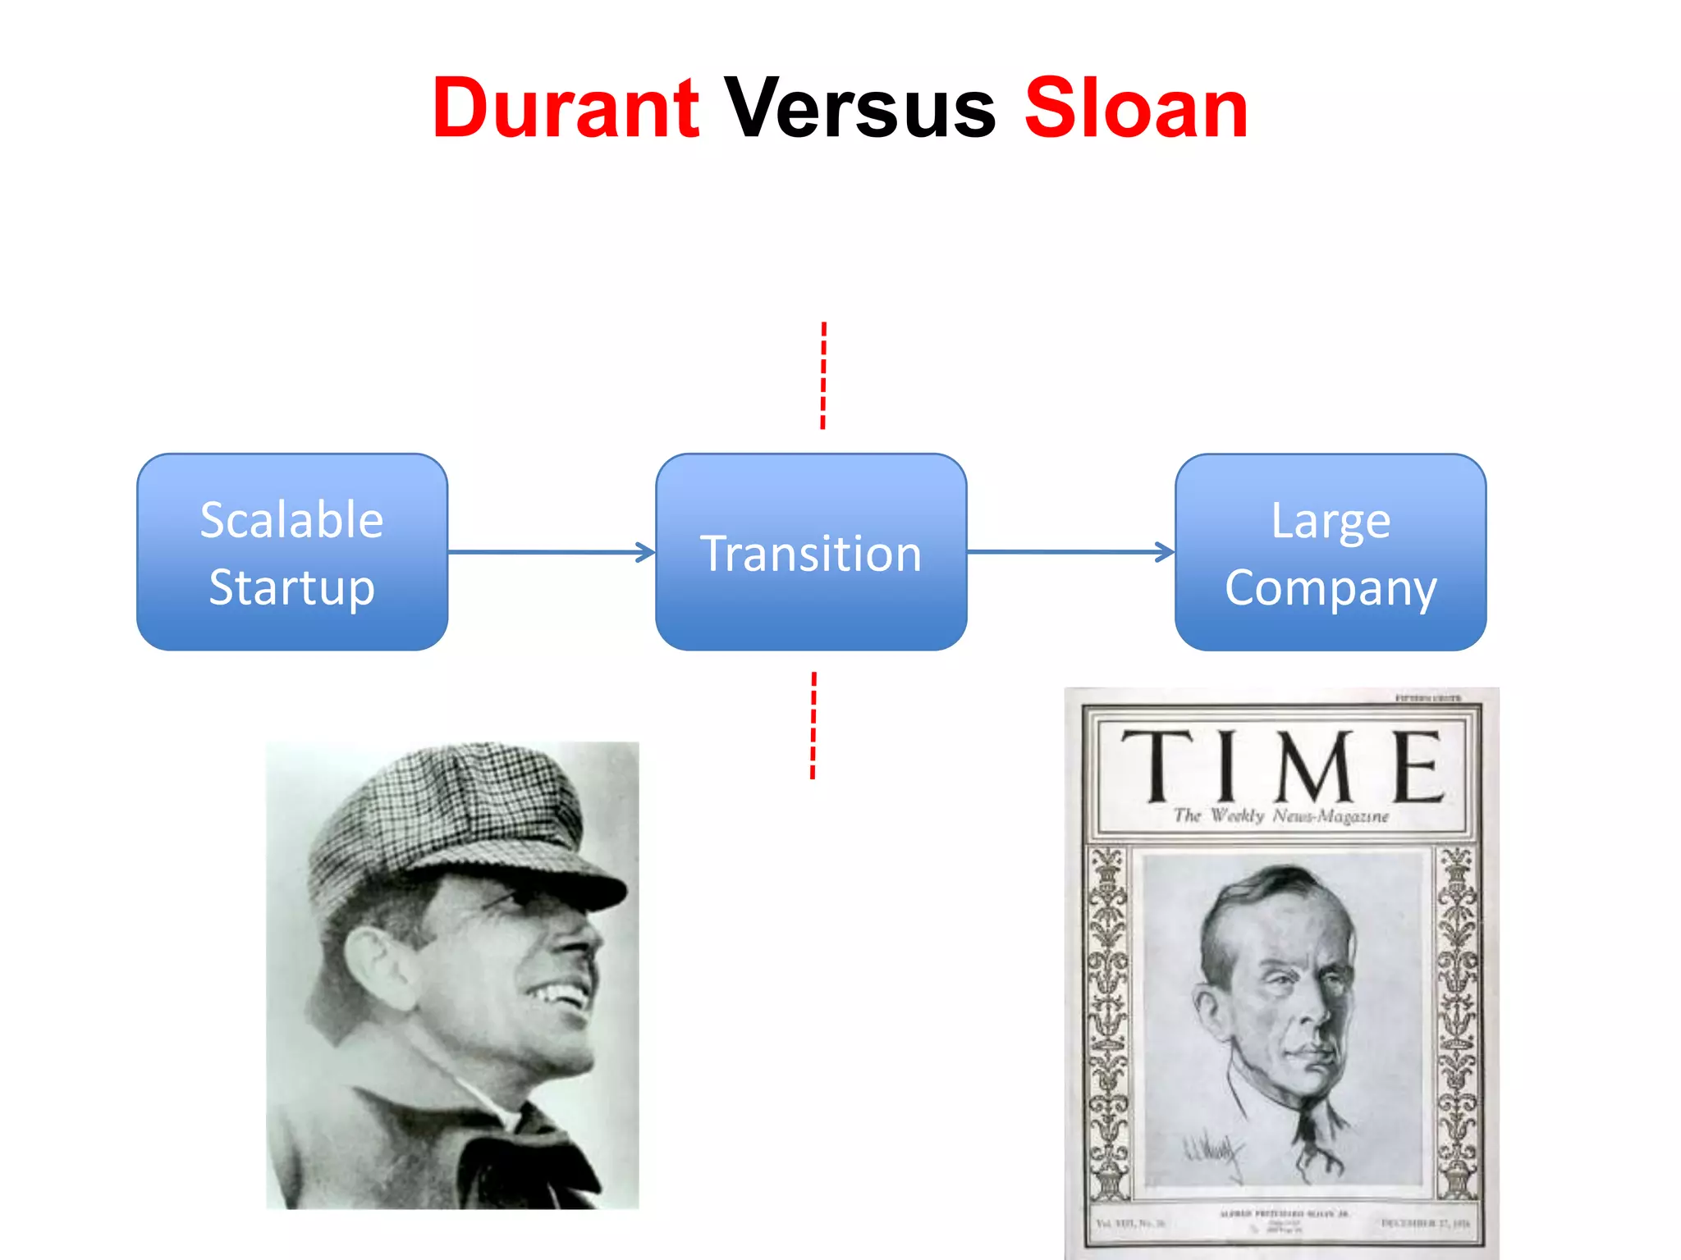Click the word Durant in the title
566,108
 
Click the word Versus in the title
859,108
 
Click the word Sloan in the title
1136,108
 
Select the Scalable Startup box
292,552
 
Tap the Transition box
811,552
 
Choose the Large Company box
1330,552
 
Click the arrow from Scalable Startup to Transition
550,552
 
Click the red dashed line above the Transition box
823,376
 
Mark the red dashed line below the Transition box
813,725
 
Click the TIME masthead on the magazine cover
1281,766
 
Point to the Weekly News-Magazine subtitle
1281,816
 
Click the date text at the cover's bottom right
1425,1223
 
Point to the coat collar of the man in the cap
525,1148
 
